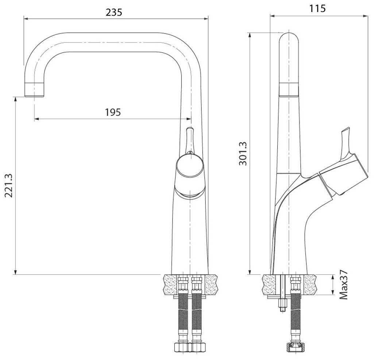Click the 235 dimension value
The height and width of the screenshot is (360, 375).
[114, 12]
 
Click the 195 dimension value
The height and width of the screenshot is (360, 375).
[113, 112]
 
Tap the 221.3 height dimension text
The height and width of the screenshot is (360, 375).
[9, 185]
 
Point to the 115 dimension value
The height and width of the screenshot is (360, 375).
[318, 9]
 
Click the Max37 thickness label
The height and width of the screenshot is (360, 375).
[344, 285]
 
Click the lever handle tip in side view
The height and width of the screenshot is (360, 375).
[346, 130]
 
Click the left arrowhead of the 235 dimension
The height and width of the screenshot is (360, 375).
[26, 18]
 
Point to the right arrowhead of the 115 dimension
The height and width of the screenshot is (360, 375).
[365, 16]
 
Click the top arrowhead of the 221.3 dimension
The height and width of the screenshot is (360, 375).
[16, 99]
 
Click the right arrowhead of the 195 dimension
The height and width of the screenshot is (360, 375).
[189, 118]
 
